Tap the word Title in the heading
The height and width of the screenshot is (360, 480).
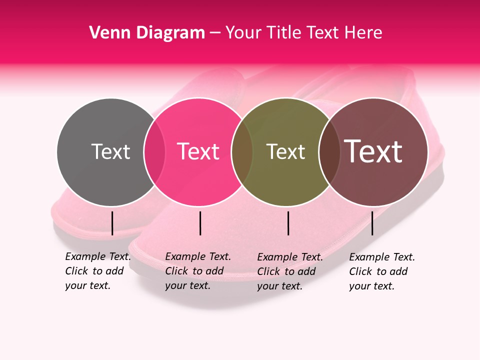click(x=283, y=32)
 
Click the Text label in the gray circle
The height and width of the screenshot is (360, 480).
click(x=110, y=151)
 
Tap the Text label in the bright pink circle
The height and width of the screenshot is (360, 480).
click(x=198, y=151)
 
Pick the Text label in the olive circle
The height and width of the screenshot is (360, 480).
click(x=285, y=151)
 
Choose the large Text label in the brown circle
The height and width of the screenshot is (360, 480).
click(x=373, y=151)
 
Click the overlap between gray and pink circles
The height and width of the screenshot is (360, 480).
click(x=154, y=152)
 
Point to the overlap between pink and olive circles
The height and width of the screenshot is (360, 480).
click(x=242, y=152)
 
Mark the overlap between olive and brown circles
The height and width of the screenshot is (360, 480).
click(x=329, y=152)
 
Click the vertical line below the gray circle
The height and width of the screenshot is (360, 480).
click(x=112, y=223)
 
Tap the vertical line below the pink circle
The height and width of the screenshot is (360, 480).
click(x=200, y=223)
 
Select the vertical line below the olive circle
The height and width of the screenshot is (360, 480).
click(x=288, y=223)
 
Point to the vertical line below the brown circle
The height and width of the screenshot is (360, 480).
click(x=372, y=223)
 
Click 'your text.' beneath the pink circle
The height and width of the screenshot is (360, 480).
click(x=187, y=285)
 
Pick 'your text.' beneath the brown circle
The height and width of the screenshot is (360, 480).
click(x=371, y=286)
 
